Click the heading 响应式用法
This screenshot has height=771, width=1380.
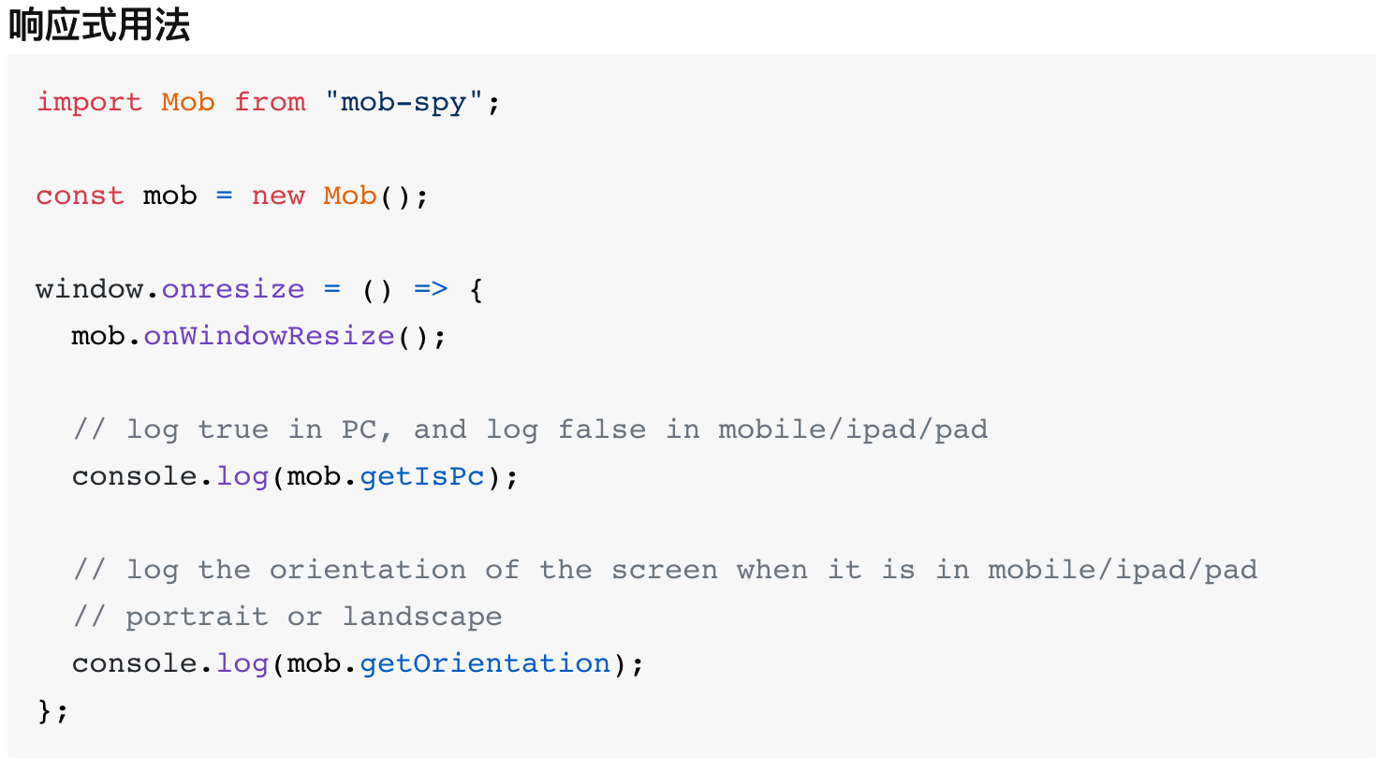[x=99, y=25]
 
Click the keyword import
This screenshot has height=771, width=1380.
[x=89, y=102]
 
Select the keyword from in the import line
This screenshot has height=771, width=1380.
[x=270, y=102]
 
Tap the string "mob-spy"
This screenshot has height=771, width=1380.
[x=404, y=102]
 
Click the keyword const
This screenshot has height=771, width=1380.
[x=80, y=196]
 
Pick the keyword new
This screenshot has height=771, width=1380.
[x=278, y=196]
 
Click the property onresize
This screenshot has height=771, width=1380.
[x=233, y=289]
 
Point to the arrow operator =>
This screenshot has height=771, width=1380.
[x=431, y=289]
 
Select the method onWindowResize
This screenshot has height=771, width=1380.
[x=269, y=336]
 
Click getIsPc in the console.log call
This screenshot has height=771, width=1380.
[x=422, y=476]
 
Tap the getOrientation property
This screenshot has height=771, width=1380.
[x=485, y=663]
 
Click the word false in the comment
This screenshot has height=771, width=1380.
[x=602, y=429]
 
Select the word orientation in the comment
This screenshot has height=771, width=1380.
[x=368, y=570]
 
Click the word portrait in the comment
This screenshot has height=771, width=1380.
[x=197, y=617]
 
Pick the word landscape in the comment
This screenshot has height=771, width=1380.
[x=422, y=617]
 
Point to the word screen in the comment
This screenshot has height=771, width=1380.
[x=665, y=570]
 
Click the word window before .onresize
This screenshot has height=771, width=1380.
[x=89, y=289]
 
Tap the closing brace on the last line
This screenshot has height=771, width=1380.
[x=44, y=710]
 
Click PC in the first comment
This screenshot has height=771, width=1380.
[x=359, y=429]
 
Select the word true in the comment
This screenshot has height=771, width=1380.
[x=233, y=429]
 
